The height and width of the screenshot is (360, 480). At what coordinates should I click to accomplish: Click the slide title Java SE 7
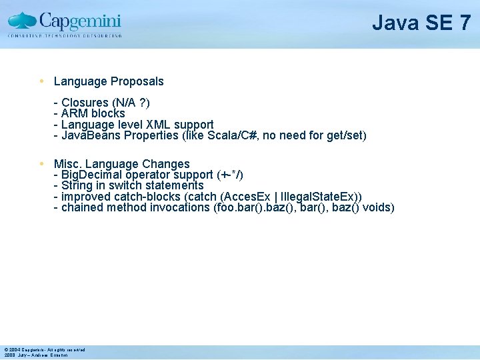click(421, 23)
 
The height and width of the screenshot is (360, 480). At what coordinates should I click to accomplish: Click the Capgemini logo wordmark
click(80, 19)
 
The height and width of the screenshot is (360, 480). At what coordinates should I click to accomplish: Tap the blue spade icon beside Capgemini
click(23, 20)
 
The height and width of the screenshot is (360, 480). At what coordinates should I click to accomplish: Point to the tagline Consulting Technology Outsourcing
click(65, 35)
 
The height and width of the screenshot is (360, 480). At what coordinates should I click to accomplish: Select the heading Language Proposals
click(109, 81)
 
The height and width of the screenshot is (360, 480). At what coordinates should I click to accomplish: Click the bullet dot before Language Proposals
click(42, 81)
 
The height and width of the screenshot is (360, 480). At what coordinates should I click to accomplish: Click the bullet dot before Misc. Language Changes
click(42, 163)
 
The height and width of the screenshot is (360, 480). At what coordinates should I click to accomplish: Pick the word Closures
click(85, 103)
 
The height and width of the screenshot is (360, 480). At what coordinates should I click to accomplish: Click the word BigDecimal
click(93, 175)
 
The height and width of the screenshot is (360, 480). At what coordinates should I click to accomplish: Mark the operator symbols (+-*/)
click(230, 175)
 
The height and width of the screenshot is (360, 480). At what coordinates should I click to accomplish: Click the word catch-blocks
click(146, 197)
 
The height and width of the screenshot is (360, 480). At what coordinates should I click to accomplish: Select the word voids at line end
click(379, 207)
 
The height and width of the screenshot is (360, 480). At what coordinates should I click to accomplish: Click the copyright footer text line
click(44, 349)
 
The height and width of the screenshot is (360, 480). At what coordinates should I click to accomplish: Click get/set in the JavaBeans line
click(346, 136)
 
